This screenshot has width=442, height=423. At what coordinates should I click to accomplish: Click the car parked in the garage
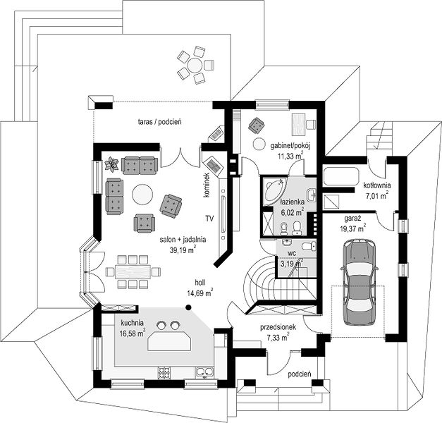(x=360, y=282)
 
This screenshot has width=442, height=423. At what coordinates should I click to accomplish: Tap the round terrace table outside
(x=195, y=65)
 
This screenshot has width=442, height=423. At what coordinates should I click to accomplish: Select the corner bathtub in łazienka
(x=274, y=191)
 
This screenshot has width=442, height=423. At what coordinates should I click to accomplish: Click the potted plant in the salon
(x=111, y=164)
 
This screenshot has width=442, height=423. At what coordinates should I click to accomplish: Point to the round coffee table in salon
(x=142, y=195)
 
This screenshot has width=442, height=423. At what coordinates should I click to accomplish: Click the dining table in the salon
(x=133, y=271)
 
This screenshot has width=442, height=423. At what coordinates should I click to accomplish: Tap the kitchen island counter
(x=169, y=341)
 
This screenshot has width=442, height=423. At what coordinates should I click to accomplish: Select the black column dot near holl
(x=188, y=307)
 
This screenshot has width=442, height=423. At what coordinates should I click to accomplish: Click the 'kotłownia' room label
(x=377, y=185)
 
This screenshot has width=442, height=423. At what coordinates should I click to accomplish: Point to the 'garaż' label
(x=351, y=218)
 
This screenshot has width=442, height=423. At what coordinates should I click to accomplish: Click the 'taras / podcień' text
(x=159, y=122)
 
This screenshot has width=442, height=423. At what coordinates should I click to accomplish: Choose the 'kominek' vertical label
(x=207, y=185)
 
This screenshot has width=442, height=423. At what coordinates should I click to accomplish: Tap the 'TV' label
(x=209, y=218)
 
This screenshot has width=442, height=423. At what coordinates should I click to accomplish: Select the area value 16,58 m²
(x=133, y=333)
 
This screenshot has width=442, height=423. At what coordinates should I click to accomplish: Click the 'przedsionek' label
(x=278, y=327)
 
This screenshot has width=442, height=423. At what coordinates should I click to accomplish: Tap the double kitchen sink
(x=204, y=372)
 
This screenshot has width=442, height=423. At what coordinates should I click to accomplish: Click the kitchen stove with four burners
(x=164, y=372)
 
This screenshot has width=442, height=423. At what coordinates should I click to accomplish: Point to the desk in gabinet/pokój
(x=298, y=121)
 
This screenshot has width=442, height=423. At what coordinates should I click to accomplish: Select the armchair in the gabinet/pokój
(x=257, y=125)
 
